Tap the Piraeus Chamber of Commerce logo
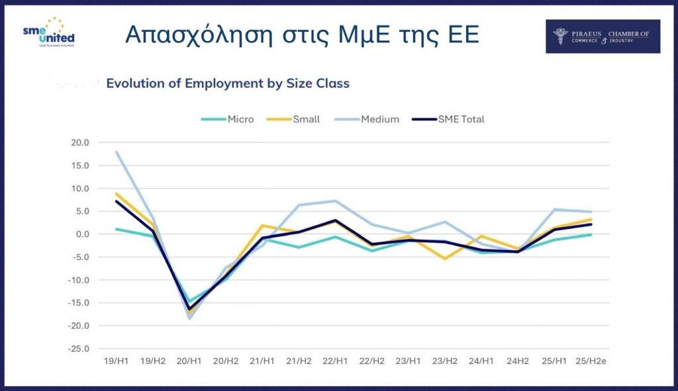click(x=602, y=36)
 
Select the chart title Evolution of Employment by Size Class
click(x=228, y=83)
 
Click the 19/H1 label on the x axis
click(x=117, y=361)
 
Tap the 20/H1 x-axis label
click(x=189, y=361)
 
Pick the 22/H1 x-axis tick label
click(x=336, y=361)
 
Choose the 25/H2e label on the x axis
click(x=590, y=361)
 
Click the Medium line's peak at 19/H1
click(x=117, y=152)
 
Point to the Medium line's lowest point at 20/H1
click(x=189, y=319)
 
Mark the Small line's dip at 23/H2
click(x=445, y=259)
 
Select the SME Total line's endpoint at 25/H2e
click(x=591, y=224)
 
